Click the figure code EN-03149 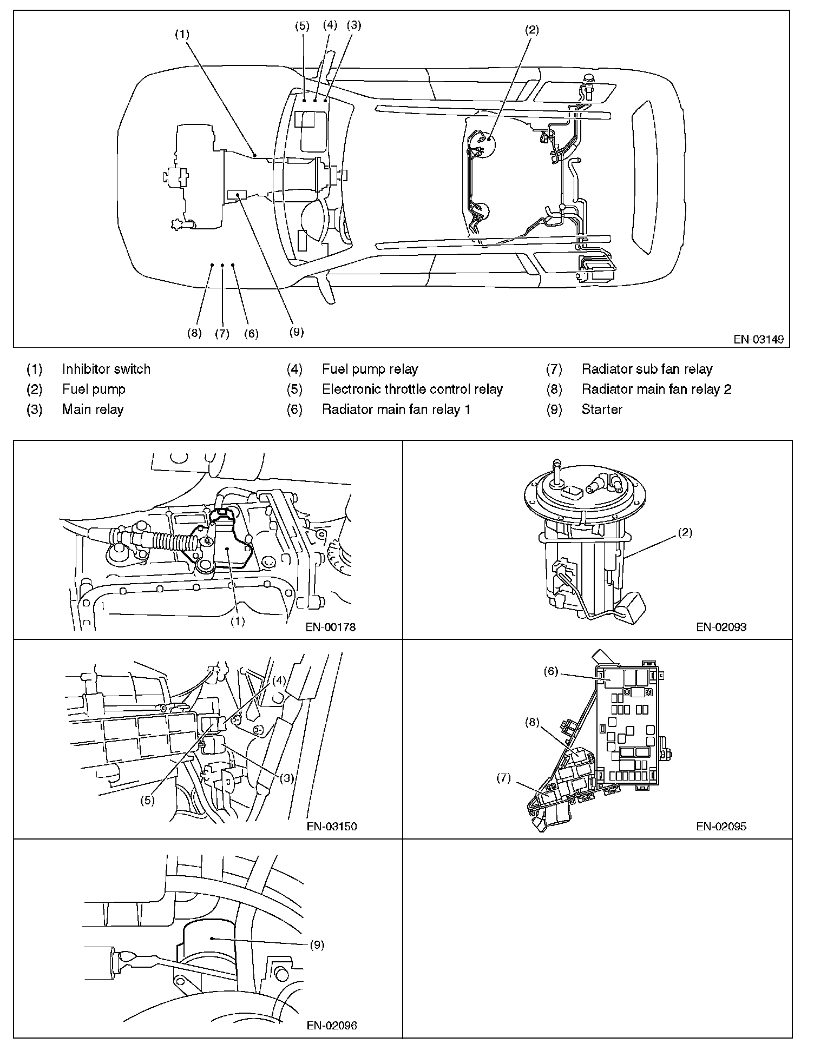click(758, 340)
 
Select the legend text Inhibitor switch click(106, 369)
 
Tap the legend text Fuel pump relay click(370, 369)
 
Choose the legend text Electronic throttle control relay click(412, 389)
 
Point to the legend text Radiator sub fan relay click(647, 369)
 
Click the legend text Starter click(602, 409)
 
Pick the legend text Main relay click(93, 409)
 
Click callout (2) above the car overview click(532, 30)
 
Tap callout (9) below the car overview click(296, 332)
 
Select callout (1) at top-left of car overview click(182, 34)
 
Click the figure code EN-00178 click(331, 627)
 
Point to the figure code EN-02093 click(721, 627)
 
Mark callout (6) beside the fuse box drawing click(550, 671)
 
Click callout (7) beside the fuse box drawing click(503, 778)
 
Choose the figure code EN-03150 click(331, 826)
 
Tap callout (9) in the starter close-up click(317, 945)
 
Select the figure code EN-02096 click(331, 1025)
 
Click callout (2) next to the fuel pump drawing click(685, 533)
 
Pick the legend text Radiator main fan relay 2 click(657, 389)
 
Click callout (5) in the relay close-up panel click(148, 800)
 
